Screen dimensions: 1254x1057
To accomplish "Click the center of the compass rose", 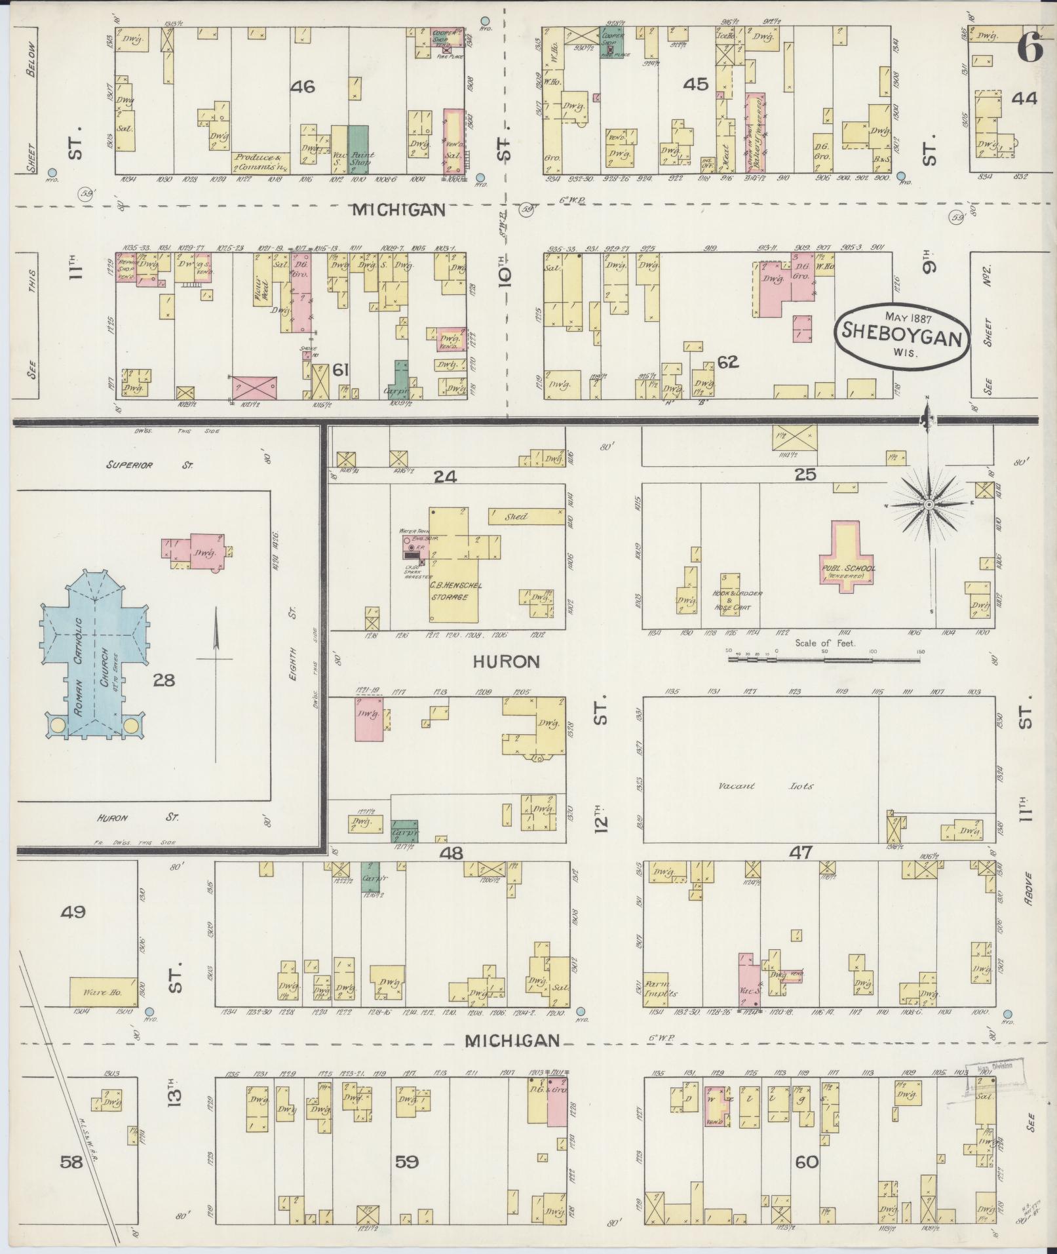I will point(928,504).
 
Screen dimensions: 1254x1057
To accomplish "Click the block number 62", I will point(727,361).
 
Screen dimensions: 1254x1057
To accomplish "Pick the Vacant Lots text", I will point(763,785).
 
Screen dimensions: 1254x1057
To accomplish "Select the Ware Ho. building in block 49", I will point(103,992).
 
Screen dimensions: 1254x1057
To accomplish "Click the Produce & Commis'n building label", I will point(260,161).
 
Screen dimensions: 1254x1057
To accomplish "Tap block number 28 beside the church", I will point(163,680).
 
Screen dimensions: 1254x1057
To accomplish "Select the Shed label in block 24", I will point(516,517).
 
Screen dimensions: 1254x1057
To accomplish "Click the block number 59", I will point(406,1162).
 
